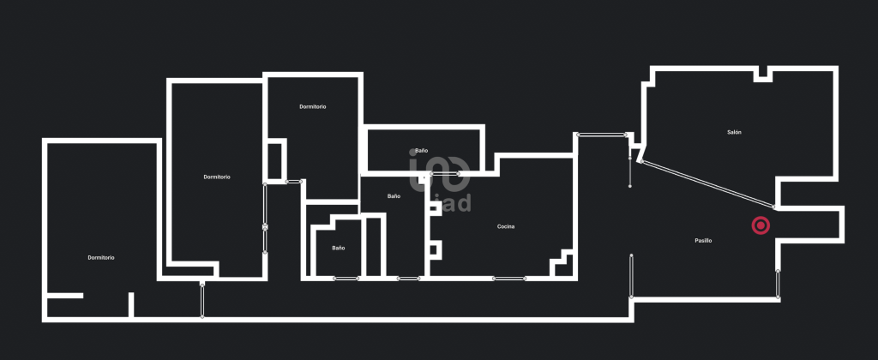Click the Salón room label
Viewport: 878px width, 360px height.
click(x=734, y=133)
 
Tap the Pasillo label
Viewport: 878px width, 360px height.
click(x=703, y=241)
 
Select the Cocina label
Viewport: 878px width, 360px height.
click(x=506, y=227)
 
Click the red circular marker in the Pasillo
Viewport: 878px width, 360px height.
click(x=761, y=225)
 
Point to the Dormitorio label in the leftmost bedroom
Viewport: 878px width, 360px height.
click(x=101, y=257)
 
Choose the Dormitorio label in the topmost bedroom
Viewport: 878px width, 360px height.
click(x=312, y=106)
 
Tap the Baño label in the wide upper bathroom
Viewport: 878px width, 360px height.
click(x=422, y=151)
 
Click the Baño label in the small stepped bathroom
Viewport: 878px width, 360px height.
click(x=338, y=248)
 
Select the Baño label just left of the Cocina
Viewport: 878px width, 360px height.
click(x=394, y=196)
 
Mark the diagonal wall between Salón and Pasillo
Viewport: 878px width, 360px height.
click(x=707, y=184)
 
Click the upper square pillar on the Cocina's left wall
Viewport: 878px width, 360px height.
click(x=436, y=208)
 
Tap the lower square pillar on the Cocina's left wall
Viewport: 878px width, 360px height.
click(x=436, y=249)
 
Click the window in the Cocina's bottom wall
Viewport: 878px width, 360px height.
click(x=509, y=279)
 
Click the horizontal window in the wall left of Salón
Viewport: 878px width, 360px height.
click(x=601, y=135)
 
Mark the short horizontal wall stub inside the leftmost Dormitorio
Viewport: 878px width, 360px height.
click(x=64, y=296)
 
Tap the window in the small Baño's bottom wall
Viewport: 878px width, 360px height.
click(x=346, y=279)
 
